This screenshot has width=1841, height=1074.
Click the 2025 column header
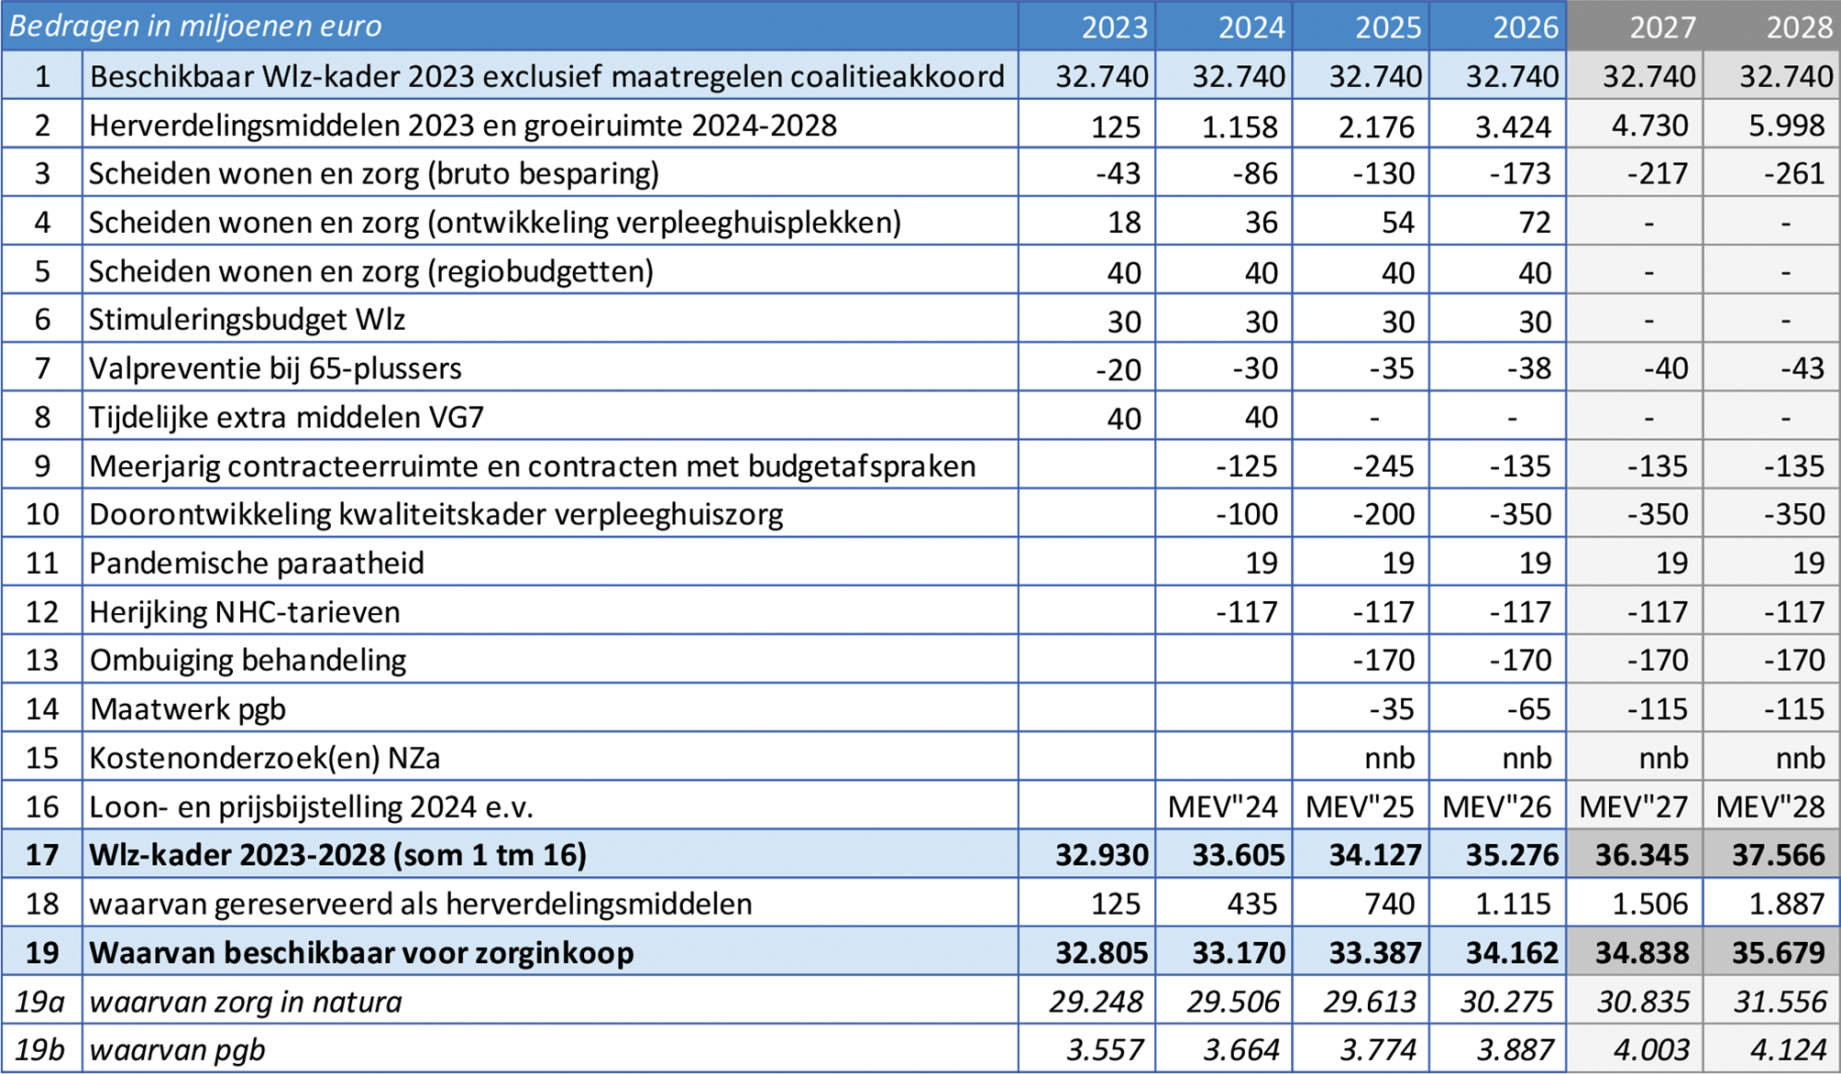pos(1388,27)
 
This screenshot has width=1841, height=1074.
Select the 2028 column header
pos(1799,27)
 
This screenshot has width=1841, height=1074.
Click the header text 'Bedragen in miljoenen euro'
pos(195,26)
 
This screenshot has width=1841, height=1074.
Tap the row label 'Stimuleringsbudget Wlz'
pos(247,320)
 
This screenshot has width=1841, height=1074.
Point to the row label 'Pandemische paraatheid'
pos(257,563)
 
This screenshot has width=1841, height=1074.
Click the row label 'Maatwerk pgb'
pos(188,708)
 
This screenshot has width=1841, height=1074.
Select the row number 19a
pos(39,1002)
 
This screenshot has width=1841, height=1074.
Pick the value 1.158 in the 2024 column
pos(1240,126)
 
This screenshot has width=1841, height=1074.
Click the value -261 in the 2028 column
pos(1794,173)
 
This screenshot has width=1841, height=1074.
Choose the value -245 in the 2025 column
pos(1384,466)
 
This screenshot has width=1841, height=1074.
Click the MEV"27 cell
pos(1635,806)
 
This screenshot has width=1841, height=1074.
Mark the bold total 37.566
pos(1779,855)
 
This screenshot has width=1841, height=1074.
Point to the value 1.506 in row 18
pos(1649,904)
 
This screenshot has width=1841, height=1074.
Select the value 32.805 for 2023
pos(1101,953)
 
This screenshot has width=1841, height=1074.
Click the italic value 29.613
pos(1371,1002)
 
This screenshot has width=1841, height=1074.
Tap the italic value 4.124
pos(1780,1050)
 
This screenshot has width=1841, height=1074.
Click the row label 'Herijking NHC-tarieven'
pos(245,611)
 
